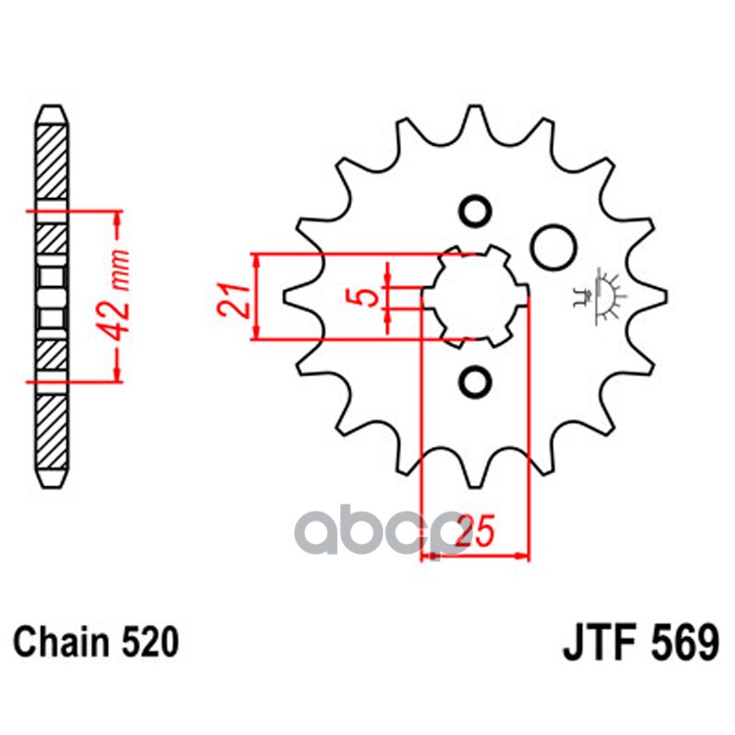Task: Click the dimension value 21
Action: pos(230,297)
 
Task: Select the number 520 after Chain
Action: pos(150,643)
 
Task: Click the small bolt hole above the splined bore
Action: pos(476,212)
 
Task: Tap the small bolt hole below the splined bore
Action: pos(476,379)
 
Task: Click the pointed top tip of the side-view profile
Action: pos(51,109)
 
